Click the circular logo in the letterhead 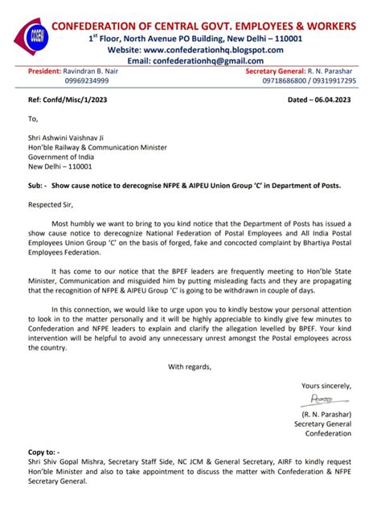point(35,35)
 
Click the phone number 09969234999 point(86,82)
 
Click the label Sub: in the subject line point(35,186)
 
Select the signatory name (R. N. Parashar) point(326,413)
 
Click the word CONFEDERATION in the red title point(99,27)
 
